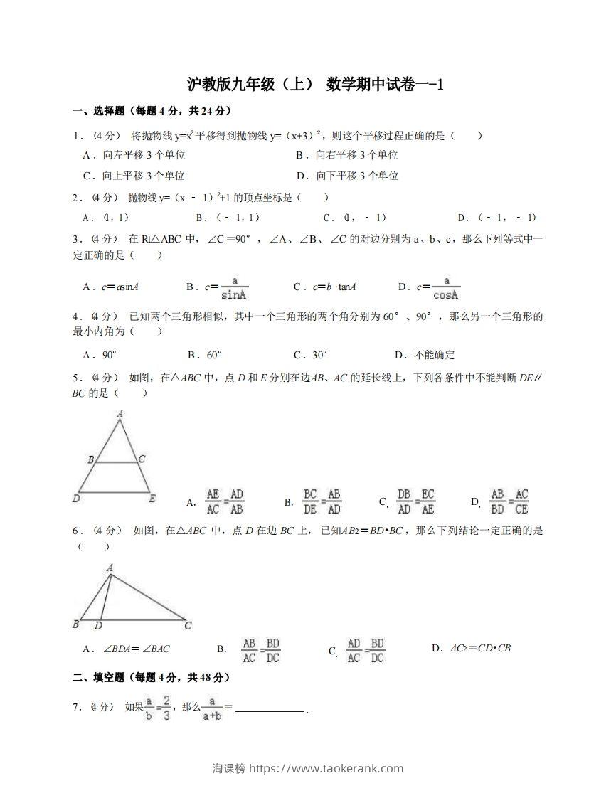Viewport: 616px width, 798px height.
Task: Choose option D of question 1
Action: click(x=347, y=176)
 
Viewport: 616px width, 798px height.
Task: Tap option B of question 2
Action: click(x=228, y=218)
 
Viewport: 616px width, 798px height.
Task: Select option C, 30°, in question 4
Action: click(x=310, y=355)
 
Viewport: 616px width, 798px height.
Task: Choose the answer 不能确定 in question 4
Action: click(x=425, y=355)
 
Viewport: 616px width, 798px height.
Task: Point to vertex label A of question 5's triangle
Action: click(x=120, y=414)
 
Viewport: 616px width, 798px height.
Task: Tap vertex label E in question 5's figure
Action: click(x=152, y=499)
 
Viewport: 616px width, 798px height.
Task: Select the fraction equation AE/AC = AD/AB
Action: click(x=224, y=501)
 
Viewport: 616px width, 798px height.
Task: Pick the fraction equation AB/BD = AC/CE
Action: click(x=510, y=501)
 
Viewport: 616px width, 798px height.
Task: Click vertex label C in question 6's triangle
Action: click(x=188, y=626)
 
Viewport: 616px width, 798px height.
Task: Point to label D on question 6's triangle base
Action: click(x=98, y=626)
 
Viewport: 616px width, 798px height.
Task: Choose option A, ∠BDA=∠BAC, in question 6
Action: click(x=126, y=649)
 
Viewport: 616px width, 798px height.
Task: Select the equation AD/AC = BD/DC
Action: click(x=365, y=650)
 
